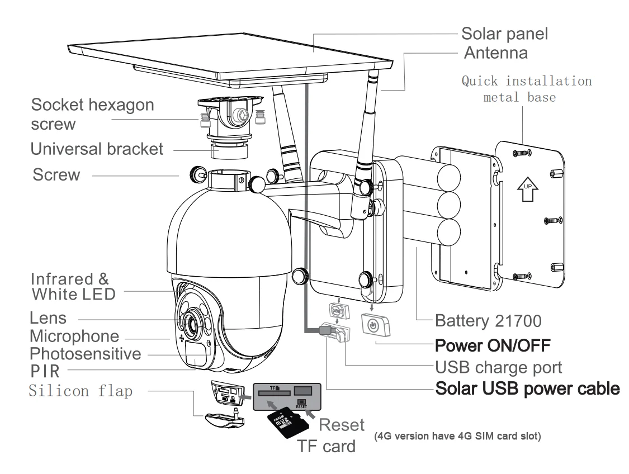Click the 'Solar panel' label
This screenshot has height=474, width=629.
[504, 34]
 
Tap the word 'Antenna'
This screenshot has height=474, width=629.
[496, 53]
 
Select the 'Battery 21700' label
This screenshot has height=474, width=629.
[488, 321]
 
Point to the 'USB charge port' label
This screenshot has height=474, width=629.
[498, 367]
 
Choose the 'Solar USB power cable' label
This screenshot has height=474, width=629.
[527, 388]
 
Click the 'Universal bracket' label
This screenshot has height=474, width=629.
[97, 149]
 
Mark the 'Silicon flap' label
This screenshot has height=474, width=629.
[81, 391]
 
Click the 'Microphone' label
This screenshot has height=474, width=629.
[74, 336]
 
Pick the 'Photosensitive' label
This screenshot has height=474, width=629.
[85, 353]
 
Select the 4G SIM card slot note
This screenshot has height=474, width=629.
[457, 436]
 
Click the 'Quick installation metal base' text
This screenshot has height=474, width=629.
[526, 89]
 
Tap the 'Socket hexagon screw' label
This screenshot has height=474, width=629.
[92, 113]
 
